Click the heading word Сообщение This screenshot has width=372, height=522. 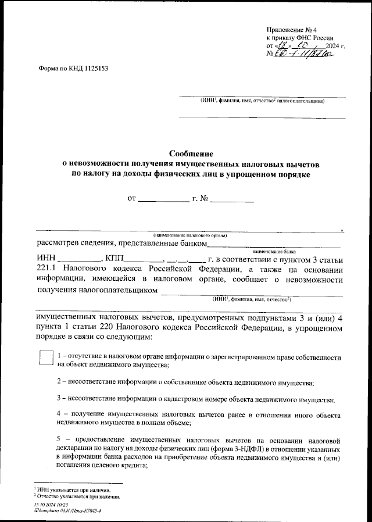tap(191, 154)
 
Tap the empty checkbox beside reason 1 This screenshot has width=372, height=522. tap(45, 357)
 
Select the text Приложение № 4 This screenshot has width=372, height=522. tap(291, 29)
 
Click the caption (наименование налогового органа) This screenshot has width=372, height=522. tap(191, 235)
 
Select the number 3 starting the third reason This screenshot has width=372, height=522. tap(59, 399)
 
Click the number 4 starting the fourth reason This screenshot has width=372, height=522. tap(59, 416)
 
